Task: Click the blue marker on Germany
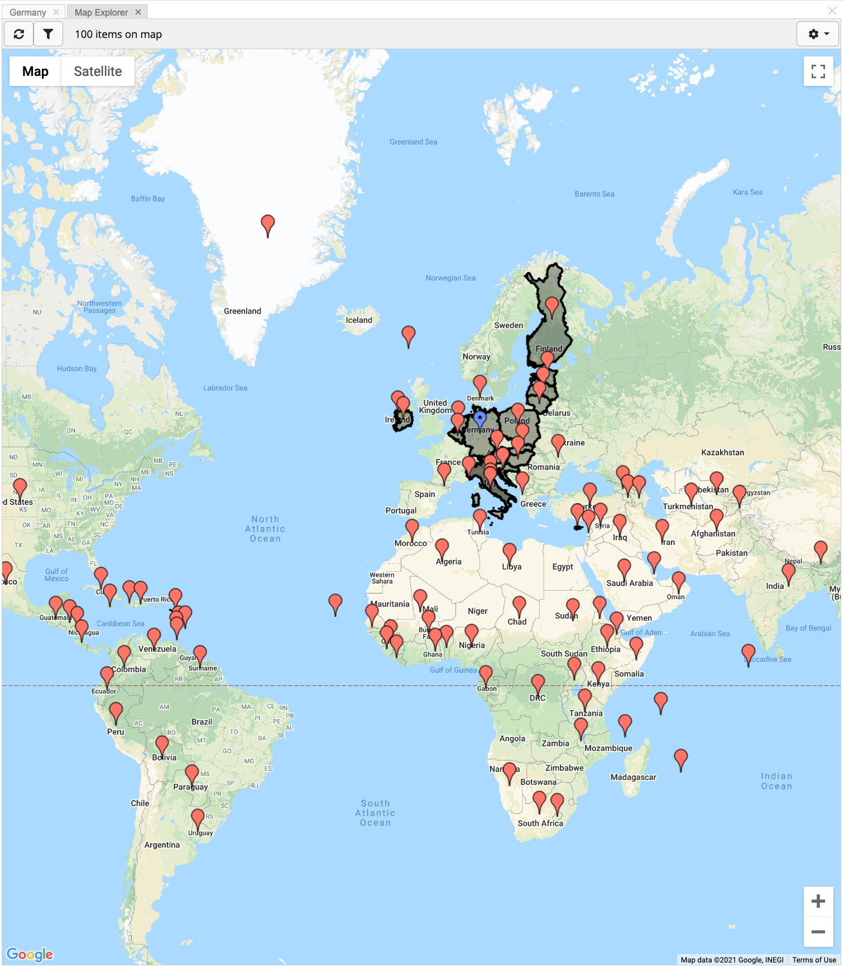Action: click(x=479, y=419)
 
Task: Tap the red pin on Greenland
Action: click(x=268, y=224)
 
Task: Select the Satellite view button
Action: click(x=98, y=71)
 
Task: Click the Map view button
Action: click(x=35, y=71)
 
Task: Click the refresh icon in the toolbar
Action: click(x=19, y=34)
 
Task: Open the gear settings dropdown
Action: click(x=818, y=34)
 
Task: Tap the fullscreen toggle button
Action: click(x=818, y=71)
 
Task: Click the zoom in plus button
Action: click(x=818, y=901)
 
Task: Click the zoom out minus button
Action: click(x=818, y=931)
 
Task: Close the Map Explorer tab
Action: click(x=138, y=12)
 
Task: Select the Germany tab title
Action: click(x=28, y=12)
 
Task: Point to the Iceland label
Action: click(x=359, y=320)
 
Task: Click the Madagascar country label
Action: click(x=633, y=777)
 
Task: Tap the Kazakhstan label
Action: click(x=722, y=452)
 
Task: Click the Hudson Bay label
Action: click(x=76, y=368)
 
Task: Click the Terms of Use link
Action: click(x=814, y=960)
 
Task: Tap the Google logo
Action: click(x=30, y=954)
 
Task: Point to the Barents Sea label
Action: click(x=594, y=194)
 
